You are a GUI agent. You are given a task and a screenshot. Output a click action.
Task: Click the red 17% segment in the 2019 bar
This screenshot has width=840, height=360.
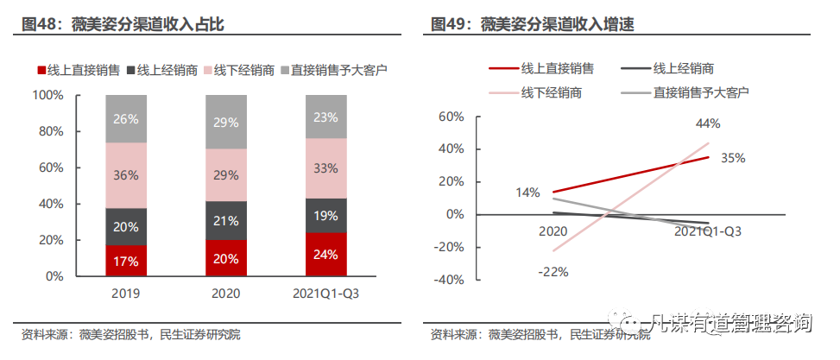pos(126,261)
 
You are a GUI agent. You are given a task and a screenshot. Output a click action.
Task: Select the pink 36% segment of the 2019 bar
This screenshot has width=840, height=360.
pos(126,175)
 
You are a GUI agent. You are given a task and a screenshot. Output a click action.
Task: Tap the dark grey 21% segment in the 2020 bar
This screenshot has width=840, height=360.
pos(225,220)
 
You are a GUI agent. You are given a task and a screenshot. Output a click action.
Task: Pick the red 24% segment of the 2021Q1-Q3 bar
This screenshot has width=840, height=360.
pos(325,255)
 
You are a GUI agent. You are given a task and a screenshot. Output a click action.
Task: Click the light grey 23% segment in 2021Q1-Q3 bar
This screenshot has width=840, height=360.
pos(325,117)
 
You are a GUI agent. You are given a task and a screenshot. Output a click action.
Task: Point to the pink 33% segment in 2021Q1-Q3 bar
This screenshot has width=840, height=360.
pos(325,168)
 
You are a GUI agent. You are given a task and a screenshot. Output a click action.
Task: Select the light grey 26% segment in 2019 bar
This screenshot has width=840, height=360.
pos(126,119)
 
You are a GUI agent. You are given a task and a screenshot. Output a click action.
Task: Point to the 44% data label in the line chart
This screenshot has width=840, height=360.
pos(708,124)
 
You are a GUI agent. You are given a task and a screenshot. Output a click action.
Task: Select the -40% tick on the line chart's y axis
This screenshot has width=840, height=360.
pos(450,280)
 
